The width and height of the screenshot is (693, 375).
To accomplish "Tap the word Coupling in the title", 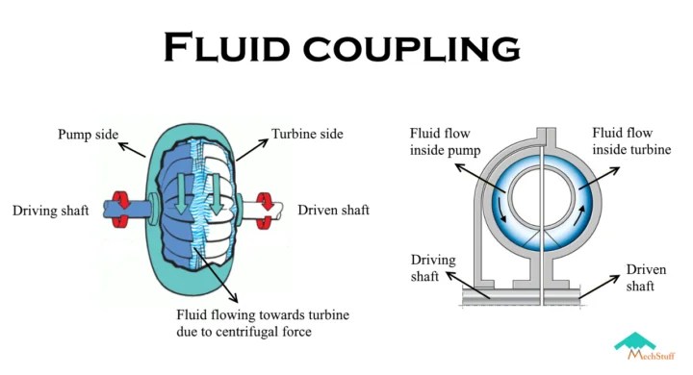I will [420, 49].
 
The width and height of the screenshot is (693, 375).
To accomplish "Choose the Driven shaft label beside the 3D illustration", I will [333, 210].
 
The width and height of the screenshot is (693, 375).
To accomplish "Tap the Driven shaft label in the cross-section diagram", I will [646, 278].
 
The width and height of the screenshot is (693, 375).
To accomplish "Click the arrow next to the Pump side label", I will [134, 146].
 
